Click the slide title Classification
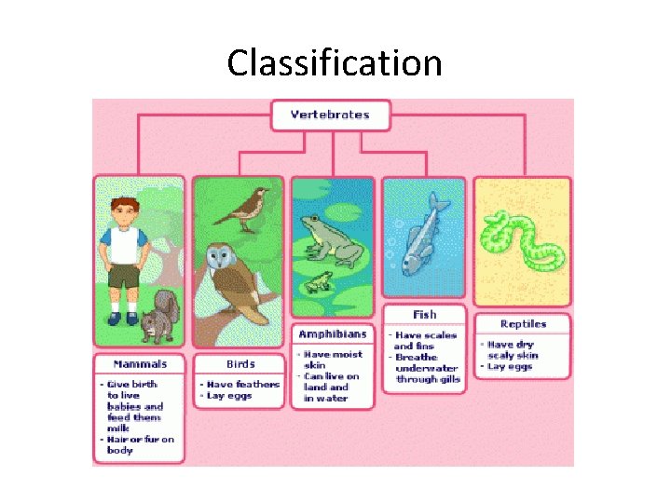335,63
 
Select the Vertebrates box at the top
330,116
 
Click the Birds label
240,363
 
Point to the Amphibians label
332,333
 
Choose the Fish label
425,314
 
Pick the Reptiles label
523,324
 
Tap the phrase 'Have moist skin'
334,360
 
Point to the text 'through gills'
428,379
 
